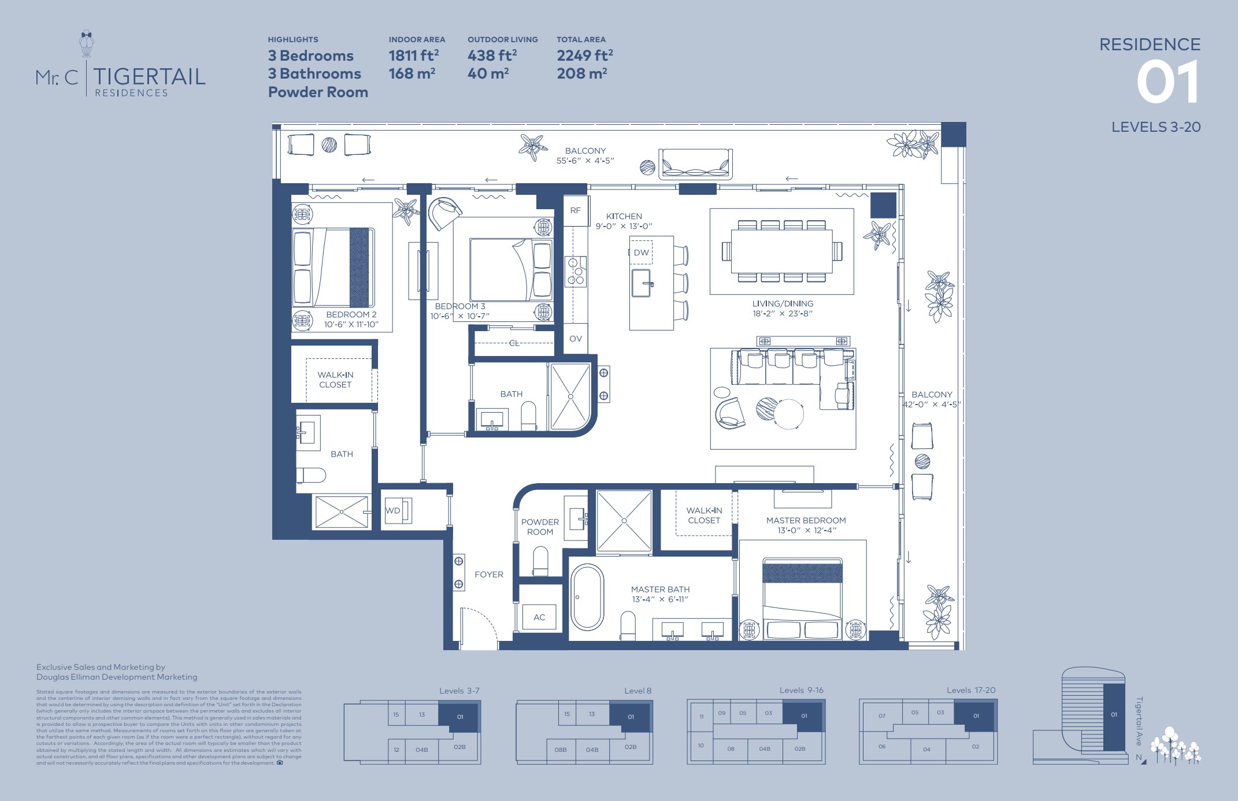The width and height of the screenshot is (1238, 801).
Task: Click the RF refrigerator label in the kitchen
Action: [575, 210]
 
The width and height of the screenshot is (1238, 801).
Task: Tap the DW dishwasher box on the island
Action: [641, 253]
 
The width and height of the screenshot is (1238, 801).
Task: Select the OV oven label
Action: [575, 339]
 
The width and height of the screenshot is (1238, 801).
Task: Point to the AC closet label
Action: [539, 617]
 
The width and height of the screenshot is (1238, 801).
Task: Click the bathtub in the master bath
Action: [587, 597]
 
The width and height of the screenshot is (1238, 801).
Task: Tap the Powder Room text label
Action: [540, 526]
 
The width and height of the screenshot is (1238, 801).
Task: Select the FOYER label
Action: [488, 574]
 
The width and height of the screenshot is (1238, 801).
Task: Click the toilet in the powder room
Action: [540, 561]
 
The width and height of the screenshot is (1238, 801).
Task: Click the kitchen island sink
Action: [642, 283]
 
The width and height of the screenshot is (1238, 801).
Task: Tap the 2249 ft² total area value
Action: [584, 55]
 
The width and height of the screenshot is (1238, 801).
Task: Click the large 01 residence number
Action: [1167, 83]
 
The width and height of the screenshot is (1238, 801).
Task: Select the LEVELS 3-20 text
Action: [1155, 127]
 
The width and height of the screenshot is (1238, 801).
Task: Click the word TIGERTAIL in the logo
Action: [149, 76]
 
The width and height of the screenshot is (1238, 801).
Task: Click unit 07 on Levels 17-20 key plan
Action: [881, 715]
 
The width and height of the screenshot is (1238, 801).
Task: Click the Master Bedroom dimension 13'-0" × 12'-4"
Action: [806, 531]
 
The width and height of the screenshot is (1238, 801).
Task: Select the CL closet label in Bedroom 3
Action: [514, 343]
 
